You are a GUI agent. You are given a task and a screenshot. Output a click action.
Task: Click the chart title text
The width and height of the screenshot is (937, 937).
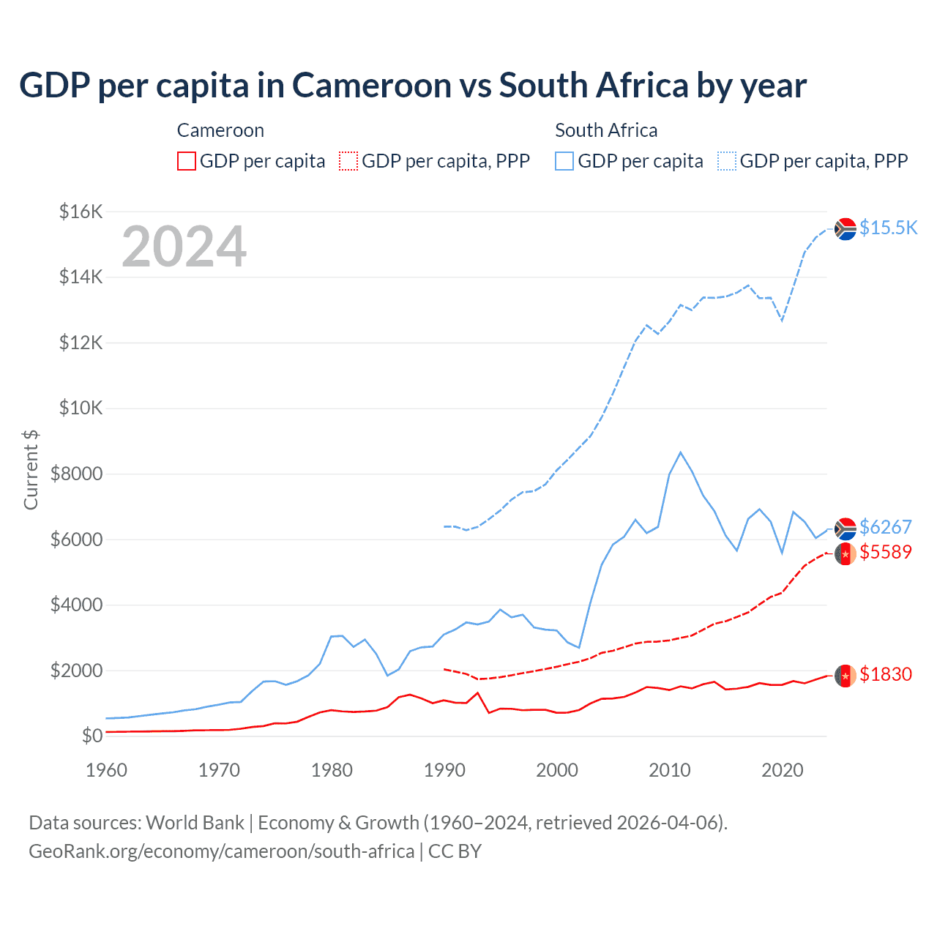[413, 86]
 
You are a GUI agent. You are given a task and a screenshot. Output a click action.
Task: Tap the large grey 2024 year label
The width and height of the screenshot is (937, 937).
[184, 247]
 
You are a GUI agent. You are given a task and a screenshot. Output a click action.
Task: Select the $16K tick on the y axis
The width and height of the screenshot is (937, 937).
[81, 212]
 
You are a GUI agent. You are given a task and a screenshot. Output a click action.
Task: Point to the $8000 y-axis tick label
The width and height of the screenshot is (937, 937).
[76, 474]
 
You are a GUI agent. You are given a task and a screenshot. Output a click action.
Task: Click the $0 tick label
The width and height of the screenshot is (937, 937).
[92, 736]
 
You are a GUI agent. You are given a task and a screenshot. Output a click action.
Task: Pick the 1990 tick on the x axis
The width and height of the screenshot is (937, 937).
[444, 770]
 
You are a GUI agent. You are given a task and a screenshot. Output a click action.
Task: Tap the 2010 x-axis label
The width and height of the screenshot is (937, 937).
[670, 770]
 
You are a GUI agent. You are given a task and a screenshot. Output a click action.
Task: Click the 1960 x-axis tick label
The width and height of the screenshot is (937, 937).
[107, 770]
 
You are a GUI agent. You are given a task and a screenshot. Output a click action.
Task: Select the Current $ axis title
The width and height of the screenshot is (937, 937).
[31, 469]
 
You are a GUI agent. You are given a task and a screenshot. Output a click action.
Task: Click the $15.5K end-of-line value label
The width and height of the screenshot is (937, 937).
[888, 228]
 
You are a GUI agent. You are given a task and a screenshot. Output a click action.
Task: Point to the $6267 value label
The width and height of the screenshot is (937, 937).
[886, 527]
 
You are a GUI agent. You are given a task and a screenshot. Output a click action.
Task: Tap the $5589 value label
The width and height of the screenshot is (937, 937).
[886, 552]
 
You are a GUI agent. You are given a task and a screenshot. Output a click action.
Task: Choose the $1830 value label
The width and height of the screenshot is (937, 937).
[886, 674]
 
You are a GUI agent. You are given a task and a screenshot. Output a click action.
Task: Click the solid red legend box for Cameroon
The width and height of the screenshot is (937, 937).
[187, 161]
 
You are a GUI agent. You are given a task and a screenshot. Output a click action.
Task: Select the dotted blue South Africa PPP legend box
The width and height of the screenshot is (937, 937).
[727, 161]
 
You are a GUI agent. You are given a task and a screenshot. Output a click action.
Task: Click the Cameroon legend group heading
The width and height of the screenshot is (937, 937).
[220, 130]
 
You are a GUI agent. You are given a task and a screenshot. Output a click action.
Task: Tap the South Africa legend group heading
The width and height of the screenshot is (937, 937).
[606, 130]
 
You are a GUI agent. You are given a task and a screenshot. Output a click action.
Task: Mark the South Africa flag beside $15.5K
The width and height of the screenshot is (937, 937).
[845, 229]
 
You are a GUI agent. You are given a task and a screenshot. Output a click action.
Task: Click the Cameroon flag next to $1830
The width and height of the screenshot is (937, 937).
[845, 676]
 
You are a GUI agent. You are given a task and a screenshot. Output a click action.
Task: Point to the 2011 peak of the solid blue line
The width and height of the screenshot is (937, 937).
[681, 452]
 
